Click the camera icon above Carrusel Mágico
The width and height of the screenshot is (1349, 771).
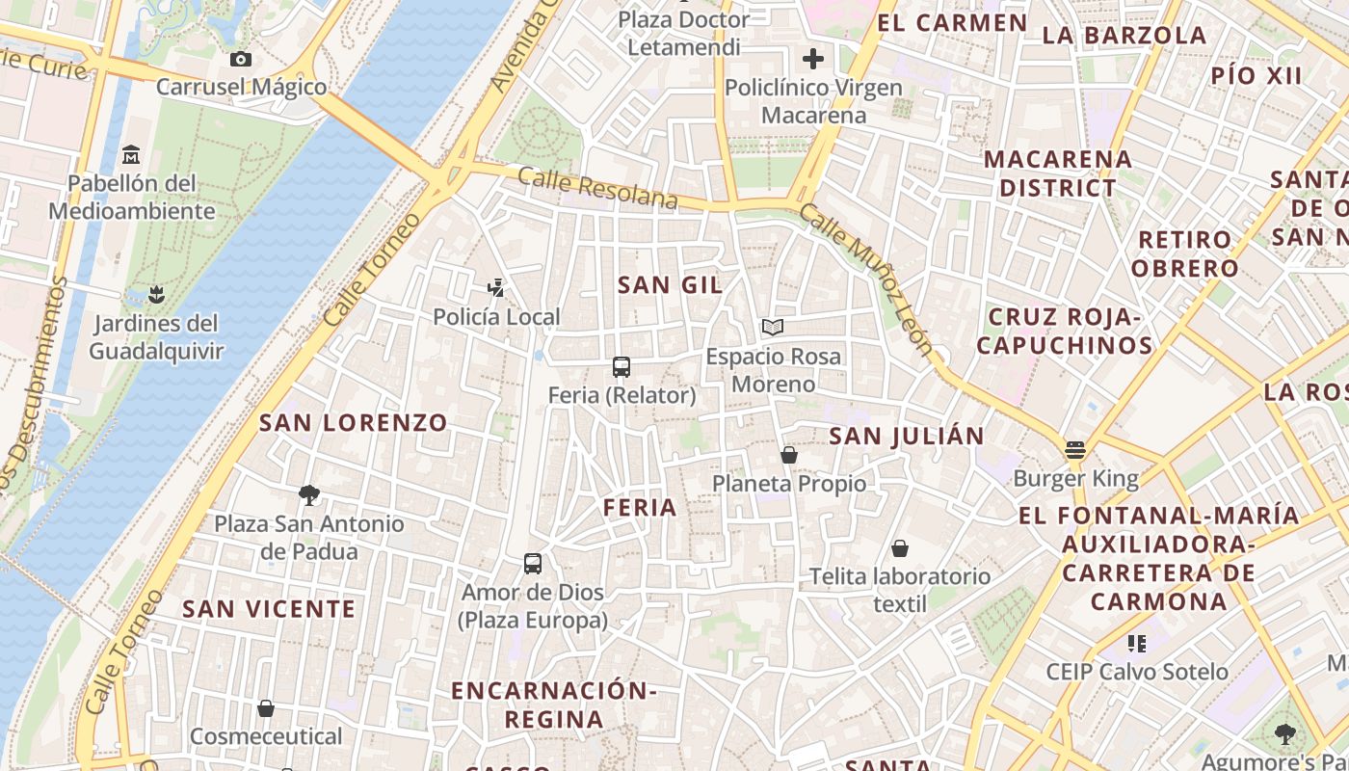coord(241,60)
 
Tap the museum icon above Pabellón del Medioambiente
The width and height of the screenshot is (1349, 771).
coord(131,155)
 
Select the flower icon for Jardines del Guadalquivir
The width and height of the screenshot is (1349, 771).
coord(156,293)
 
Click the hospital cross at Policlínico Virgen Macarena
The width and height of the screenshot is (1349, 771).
coord(813,59)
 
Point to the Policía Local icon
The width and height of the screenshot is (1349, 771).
coord(496,288)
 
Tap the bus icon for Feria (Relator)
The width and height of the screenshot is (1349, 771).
coord(622,367)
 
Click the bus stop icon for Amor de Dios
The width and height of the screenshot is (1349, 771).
coord(533,564)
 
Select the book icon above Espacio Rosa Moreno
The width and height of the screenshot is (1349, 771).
coord(773,328)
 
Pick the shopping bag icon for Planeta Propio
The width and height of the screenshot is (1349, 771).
coord(789,455)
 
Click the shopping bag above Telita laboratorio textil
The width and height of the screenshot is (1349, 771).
coord(900,548)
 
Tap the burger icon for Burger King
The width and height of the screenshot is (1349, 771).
coord(1075,450)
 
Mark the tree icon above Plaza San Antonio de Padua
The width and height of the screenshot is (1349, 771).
coord(309,495)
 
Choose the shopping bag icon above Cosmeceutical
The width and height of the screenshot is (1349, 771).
coord(266,708)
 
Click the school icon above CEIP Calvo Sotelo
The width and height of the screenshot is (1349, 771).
coord(1137,643)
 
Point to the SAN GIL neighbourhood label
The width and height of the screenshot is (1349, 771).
coord(670,284)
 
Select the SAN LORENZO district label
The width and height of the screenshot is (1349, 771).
coord(354,422)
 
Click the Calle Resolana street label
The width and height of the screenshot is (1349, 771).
coord(597,188)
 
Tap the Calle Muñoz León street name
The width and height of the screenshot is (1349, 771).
coord(867,279)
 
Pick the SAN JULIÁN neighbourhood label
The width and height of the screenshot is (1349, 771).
coord(907,436)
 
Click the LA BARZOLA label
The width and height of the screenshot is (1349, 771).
coord(1124,36)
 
